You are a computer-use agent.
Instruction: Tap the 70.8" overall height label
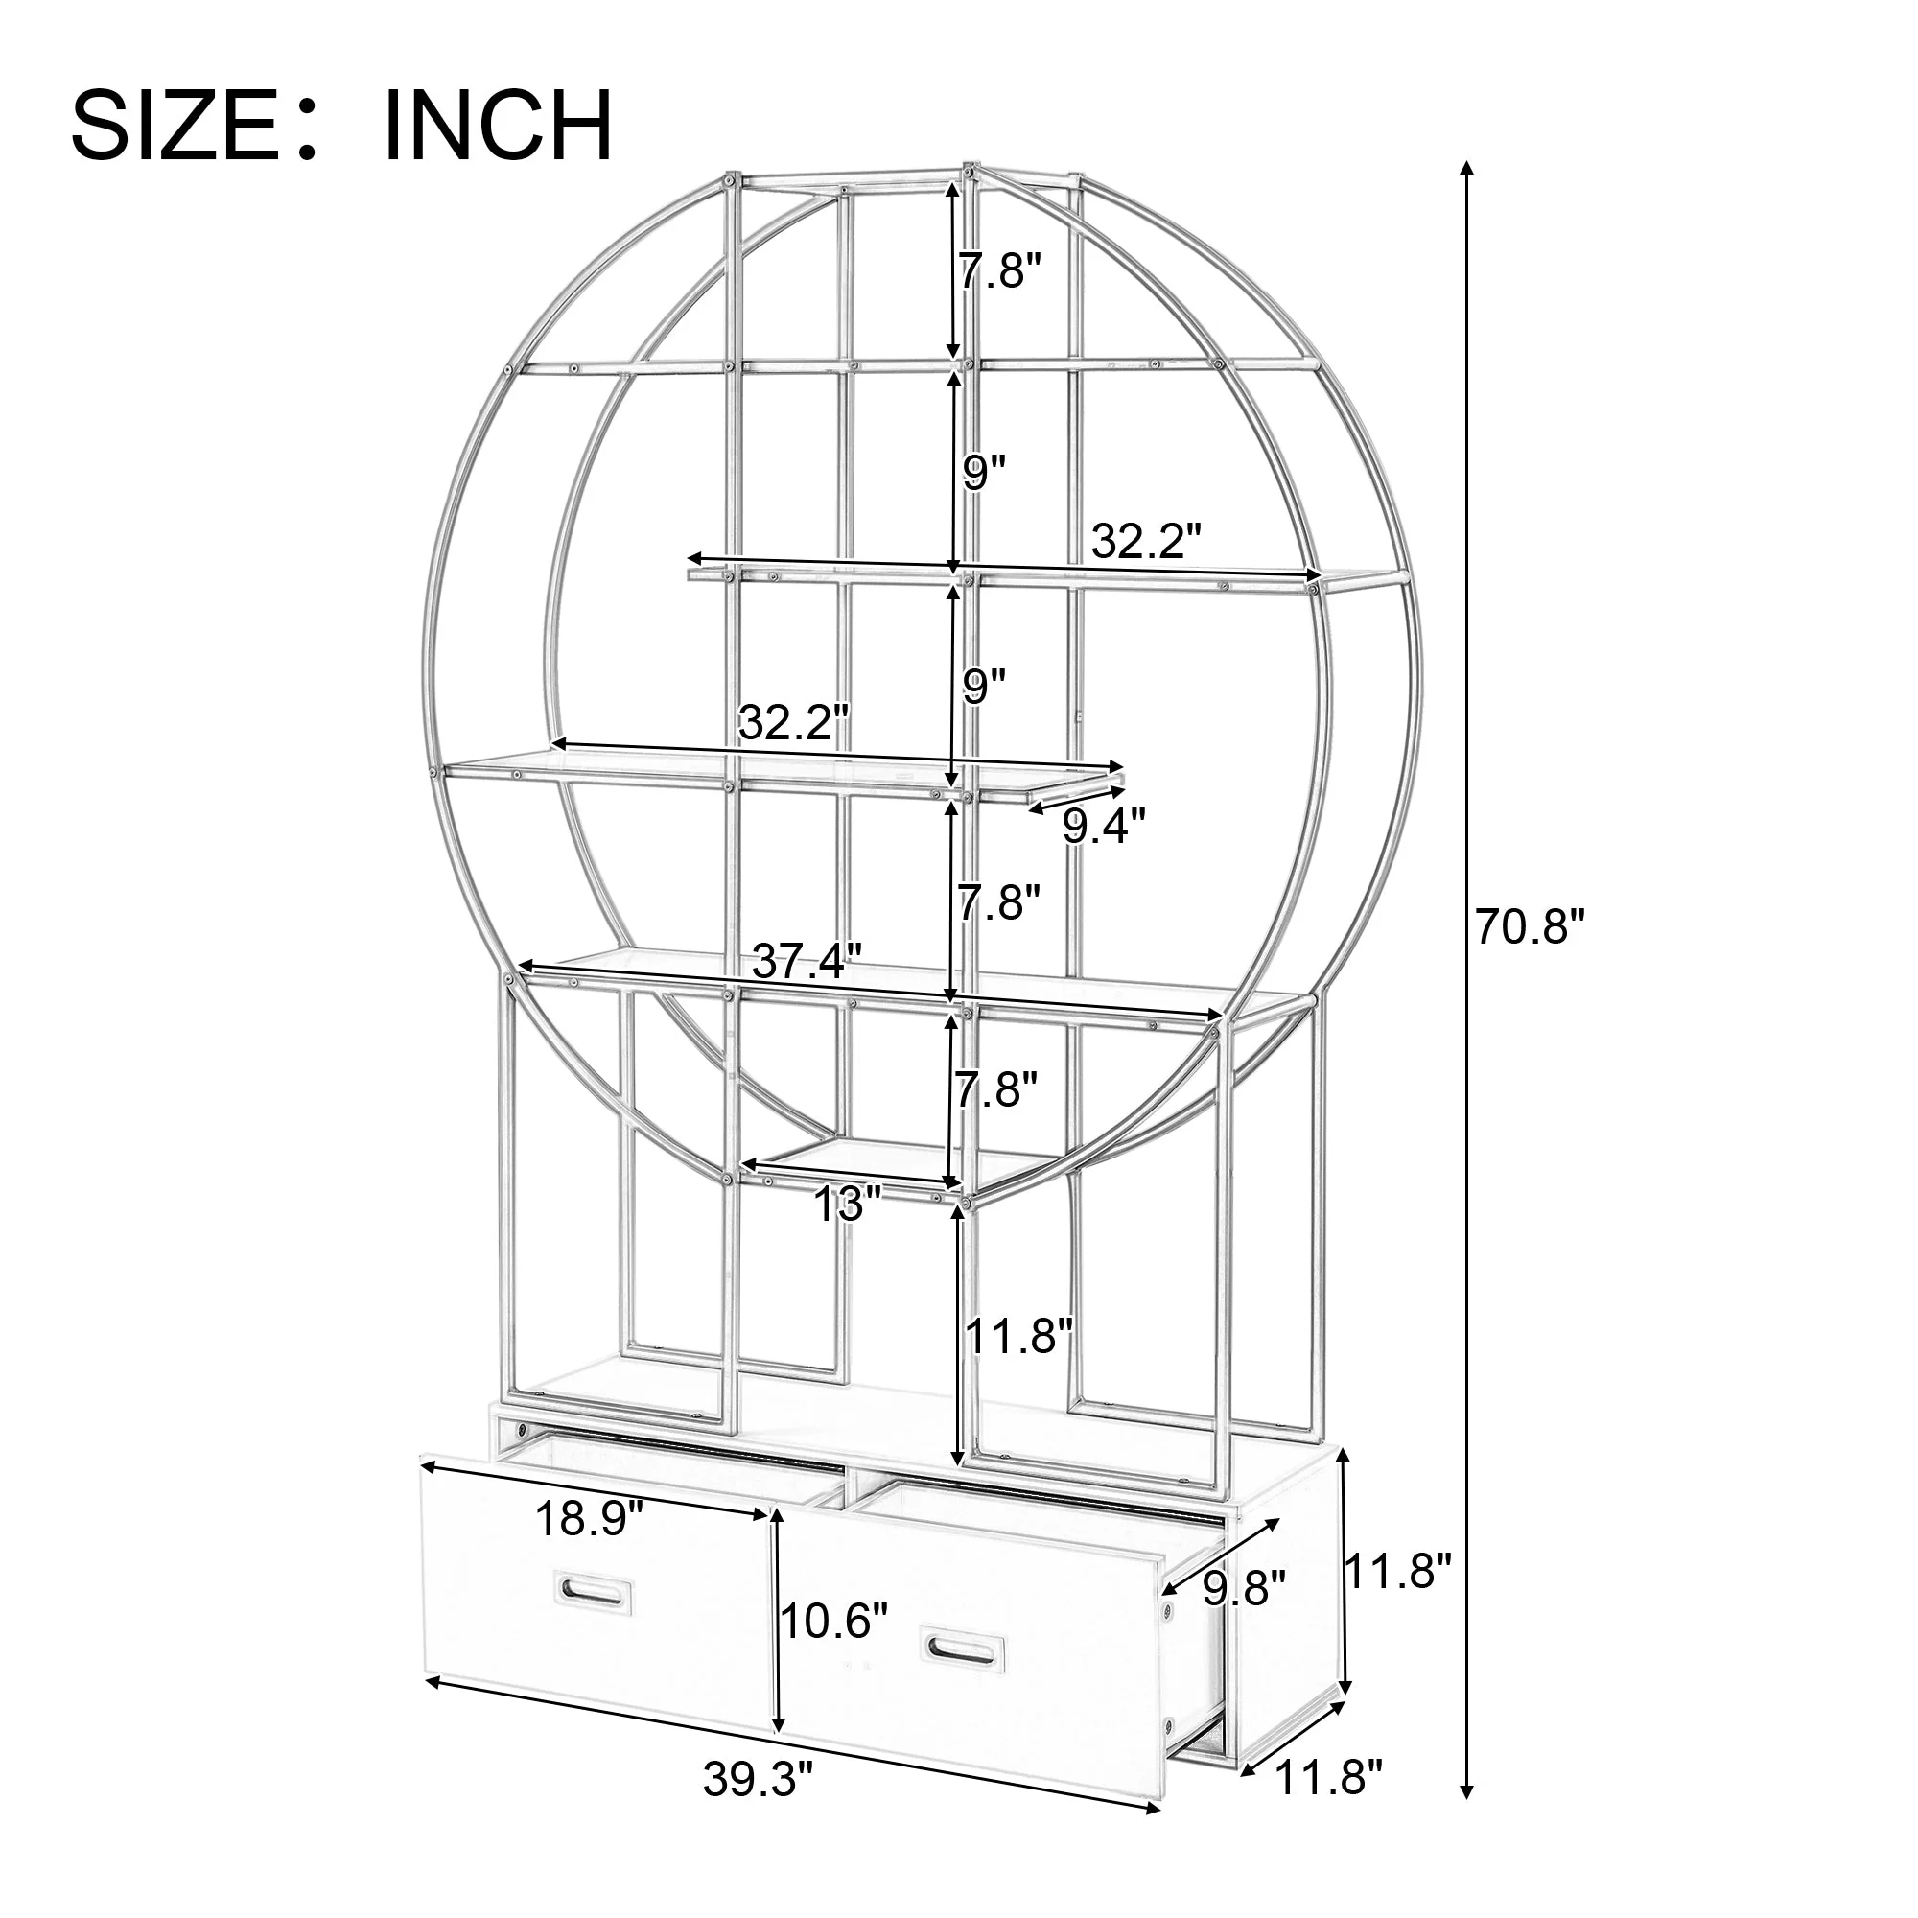(1530, 927)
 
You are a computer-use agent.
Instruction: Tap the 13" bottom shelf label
(848, 1205)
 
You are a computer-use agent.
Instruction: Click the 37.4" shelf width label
(807, 960)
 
